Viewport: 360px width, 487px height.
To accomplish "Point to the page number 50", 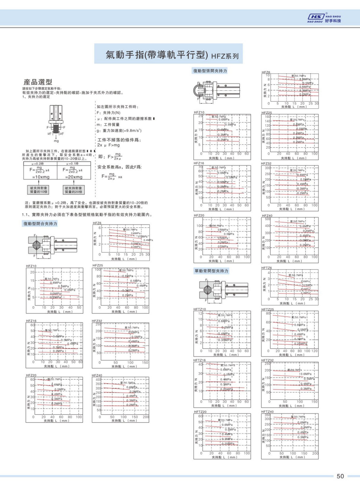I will click(x=340, y=476).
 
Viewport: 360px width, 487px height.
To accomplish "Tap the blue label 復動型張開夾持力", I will click(x=210, y=71).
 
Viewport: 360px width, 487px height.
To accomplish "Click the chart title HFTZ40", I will click(x=267, y=411).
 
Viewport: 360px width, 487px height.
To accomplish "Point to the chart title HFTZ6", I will click(x=266, y=268).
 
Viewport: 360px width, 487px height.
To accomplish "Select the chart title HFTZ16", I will click(x=200, y=360).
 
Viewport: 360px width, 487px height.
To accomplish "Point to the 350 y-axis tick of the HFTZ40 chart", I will click(x=267, y=415).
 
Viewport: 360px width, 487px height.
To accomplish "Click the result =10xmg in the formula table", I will click(x=38, y=177).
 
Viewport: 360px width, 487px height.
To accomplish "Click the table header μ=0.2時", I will click(x=38, y=163).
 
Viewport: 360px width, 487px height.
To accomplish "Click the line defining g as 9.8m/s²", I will click(x=119, y=130).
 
